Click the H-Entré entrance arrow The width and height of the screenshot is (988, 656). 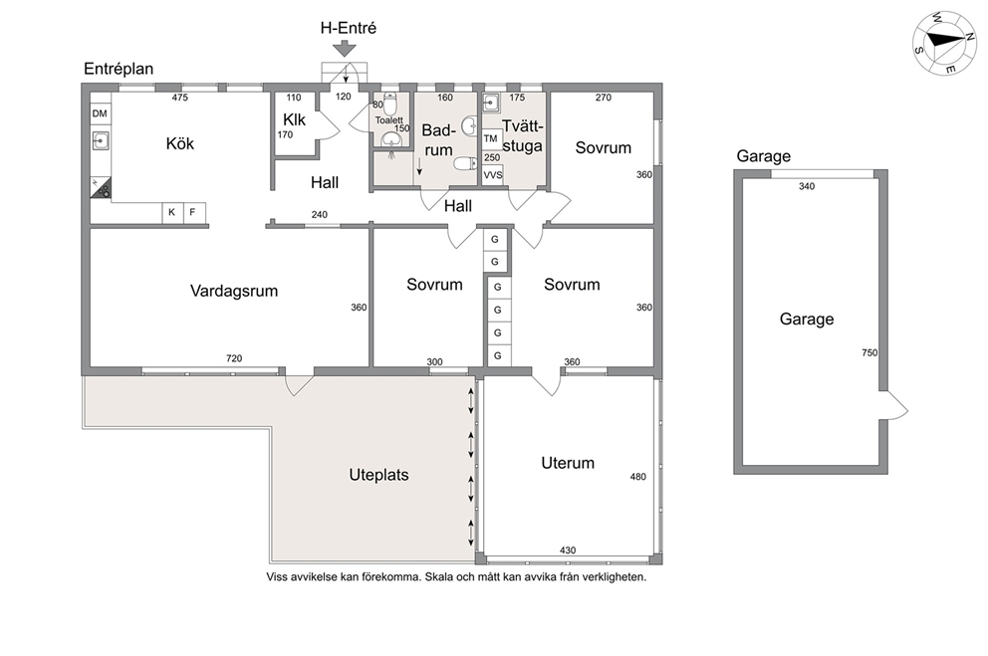(345, 49)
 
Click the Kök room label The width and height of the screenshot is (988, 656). (180, 143)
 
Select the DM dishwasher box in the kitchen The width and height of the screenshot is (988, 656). (100, 113)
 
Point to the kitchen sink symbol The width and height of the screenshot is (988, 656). (101, 140)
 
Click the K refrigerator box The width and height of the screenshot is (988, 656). (172, 213)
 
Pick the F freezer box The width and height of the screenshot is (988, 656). (193, 213)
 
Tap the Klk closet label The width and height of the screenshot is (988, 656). (294, 119)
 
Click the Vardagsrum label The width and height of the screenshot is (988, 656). (234, 291)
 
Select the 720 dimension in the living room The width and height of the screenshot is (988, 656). (234, 358)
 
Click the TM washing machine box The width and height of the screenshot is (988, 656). (491, 139)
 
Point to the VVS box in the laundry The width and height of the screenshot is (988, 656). (493, 175)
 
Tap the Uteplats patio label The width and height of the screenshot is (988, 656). (378, 475)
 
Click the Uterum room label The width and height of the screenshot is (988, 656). (568, 463)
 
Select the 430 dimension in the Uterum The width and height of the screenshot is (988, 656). (568, 550)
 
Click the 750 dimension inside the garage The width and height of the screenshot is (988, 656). (869, 353)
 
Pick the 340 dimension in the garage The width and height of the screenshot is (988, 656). (807, 186)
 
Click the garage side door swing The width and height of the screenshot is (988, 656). (893, 405)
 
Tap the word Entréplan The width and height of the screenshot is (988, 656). (119, 69)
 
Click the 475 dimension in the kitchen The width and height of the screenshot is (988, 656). (180, 98)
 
